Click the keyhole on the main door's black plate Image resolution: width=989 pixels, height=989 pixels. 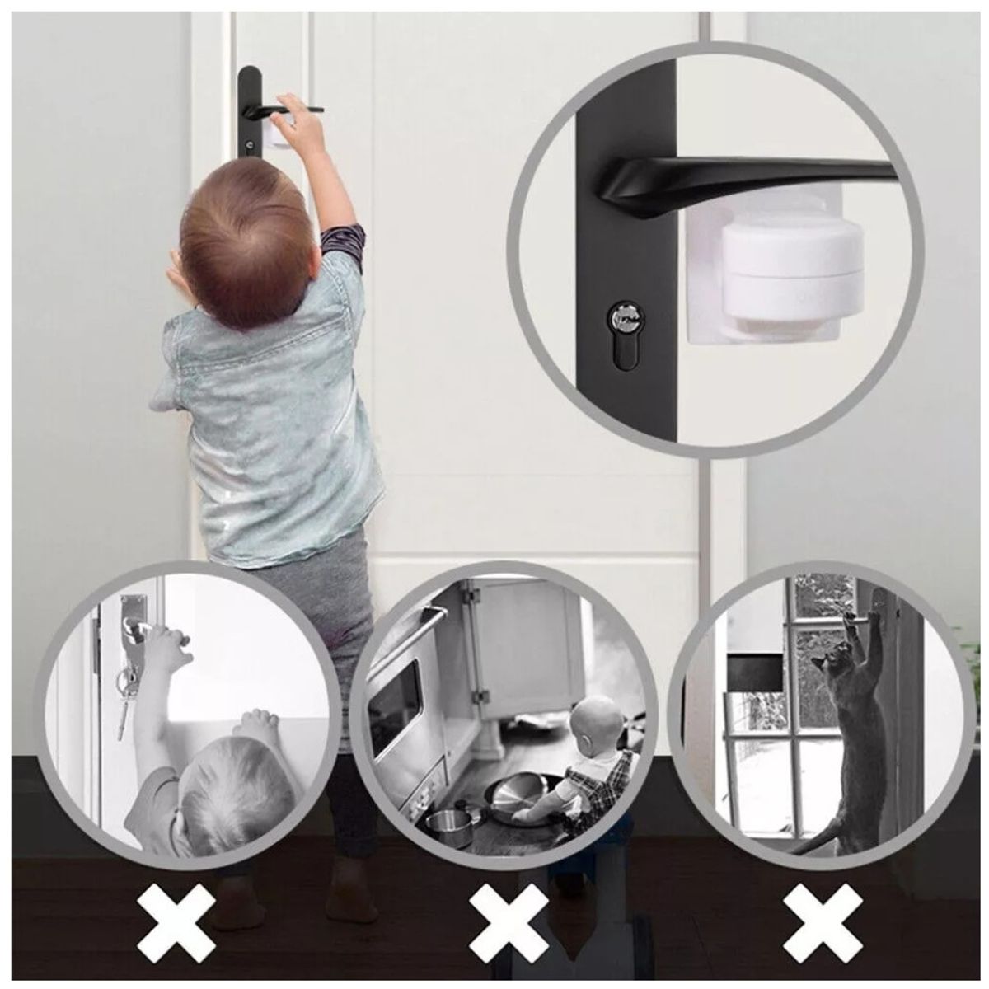coord(249,147)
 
